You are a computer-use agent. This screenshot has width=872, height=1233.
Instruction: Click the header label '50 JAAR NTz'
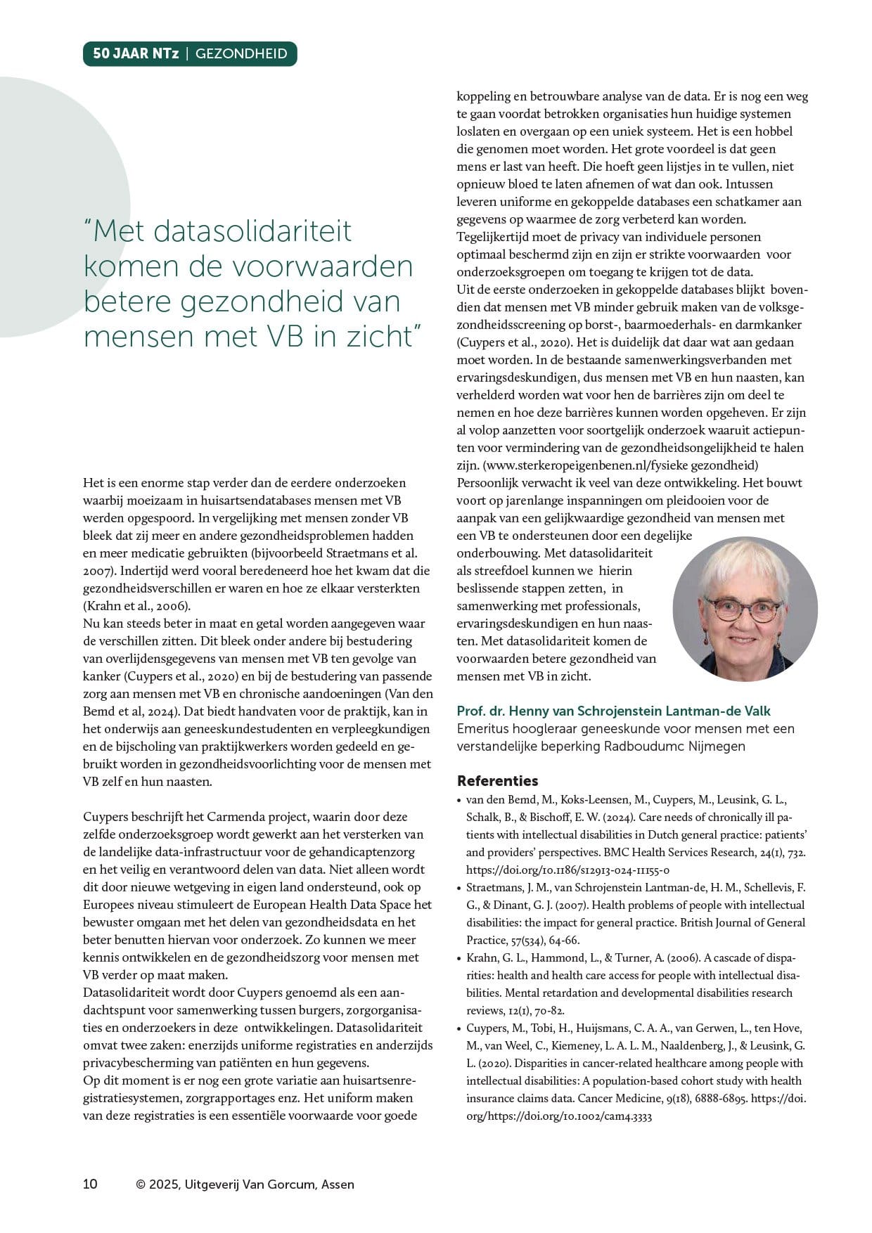coord(136,54)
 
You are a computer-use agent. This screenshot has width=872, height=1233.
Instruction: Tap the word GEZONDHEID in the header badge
coord(241,54)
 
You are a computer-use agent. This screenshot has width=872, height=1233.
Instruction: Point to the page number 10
coord(90,1184)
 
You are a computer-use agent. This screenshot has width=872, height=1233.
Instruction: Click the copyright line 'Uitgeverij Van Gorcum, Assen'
coord(267,1184)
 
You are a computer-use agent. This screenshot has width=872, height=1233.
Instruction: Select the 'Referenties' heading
coord(497,780)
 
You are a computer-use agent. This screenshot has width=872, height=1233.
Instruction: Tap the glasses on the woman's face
coord(743,609)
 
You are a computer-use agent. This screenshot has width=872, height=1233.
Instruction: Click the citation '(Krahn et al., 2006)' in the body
coord(136,606)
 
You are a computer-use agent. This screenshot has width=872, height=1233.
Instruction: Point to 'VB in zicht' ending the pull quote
coord(344,336)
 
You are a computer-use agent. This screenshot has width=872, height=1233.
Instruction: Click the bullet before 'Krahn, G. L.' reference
coord(459,958)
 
